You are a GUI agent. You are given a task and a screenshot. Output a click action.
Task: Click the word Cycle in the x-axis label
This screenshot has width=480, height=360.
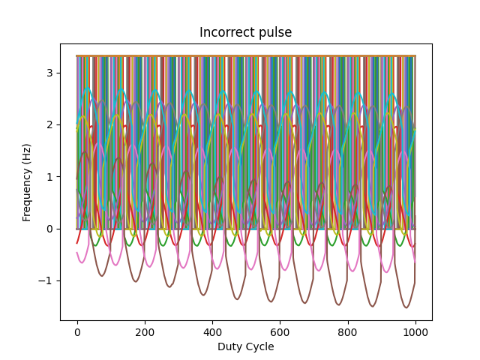point(259,346)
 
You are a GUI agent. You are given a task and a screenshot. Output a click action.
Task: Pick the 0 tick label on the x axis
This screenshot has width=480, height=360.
point(77,333)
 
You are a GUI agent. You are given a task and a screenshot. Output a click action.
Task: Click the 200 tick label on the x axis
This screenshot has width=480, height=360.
point(145,333)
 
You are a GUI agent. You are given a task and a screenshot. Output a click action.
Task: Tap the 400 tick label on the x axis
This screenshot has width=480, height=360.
point(212,333)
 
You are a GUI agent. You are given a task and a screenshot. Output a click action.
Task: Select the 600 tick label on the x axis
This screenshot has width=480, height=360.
point(280,333)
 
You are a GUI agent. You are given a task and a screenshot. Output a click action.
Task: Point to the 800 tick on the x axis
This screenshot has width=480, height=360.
point(348,333)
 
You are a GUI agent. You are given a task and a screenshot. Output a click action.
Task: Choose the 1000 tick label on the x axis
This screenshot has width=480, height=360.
point(415,333)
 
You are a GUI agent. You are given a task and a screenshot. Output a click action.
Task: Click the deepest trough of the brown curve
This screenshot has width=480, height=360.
point(406,307)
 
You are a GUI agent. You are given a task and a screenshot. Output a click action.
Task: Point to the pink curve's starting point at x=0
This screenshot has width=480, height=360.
point(77,253)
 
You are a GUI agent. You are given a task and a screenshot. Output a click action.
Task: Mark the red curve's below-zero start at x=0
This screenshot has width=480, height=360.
point(77,242)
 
